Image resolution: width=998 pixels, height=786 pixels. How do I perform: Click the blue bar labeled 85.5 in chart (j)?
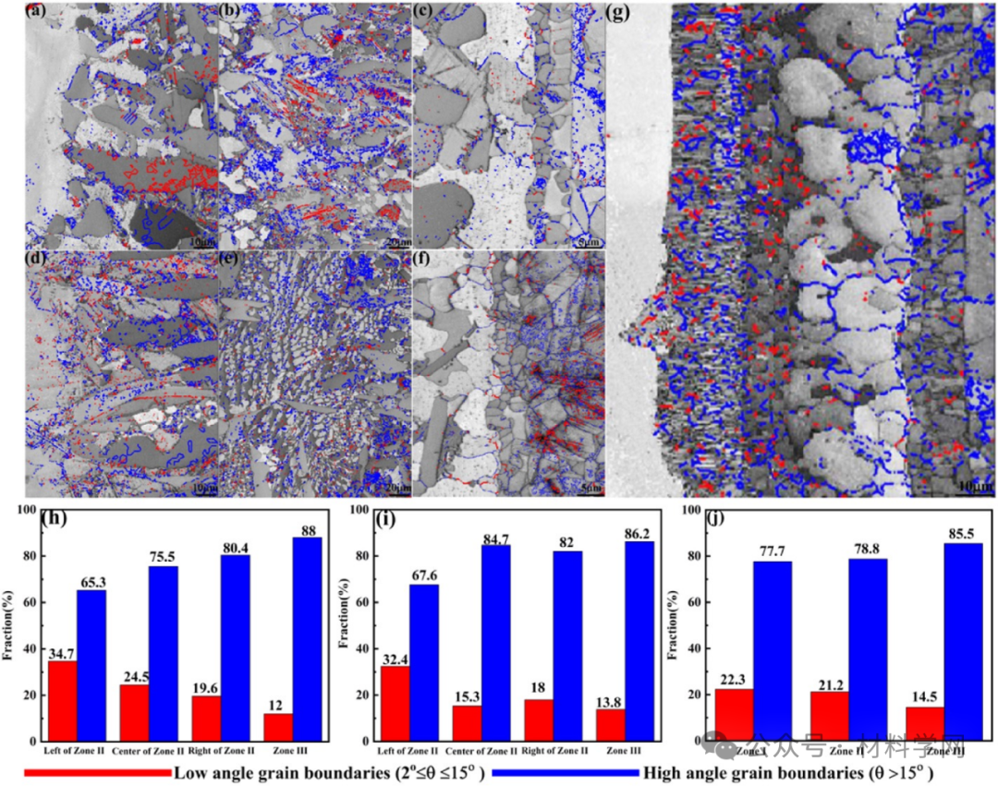coord(963,642)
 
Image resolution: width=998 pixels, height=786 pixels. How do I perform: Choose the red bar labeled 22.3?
coord(734,715)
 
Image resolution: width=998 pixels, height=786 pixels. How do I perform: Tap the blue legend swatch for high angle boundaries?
coord(564,771)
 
